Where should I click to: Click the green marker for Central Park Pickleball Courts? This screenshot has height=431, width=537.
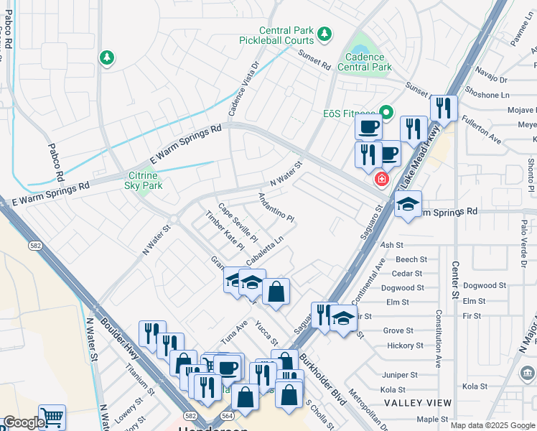point(325,34)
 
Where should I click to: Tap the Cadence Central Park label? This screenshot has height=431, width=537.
point(368,62)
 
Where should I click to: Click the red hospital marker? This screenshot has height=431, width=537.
point(382,178)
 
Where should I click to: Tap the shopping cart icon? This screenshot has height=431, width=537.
point(52,417)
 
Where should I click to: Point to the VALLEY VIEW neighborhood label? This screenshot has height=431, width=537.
point(418,403)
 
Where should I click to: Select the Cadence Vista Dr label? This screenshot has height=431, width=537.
point(244,88)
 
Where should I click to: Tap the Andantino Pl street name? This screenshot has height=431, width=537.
point(276,207)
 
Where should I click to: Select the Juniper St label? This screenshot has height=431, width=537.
point(401,375)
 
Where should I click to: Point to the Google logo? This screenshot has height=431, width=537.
point(23,423)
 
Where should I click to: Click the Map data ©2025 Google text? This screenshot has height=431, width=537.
point(492,425)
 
